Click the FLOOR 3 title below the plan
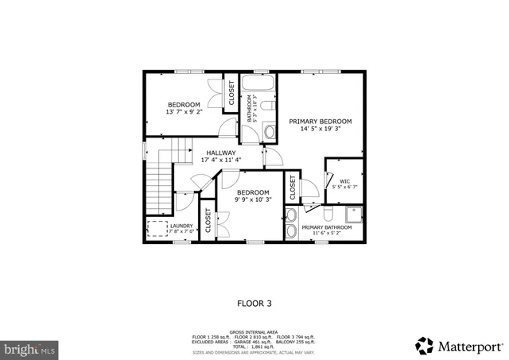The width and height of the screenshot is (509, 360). pyautogui.click(x=254, y=303)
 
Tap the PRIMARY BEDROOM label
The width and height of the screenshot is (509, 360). pyautogui.click(x=320, y=122)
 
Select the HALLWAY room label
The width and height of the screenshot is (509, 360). pyautogui.click(x=221, y=153)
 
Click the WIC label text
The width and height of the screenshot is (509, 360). pyautogui.click(x=344, y=181)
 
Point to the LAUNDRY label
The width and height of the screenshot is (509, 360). pyautogui.click(x=181, y=226)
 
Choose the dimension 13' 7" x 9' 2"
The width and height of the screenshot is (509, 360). pyautogui.click(x=184, y=112)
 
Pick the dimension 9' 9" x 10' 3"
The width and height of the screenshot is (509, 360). pyautogui.click(x=253, y=199)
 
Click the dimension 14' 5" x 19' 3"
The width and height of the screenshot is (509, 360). pyautogui.click(x=320, y=129)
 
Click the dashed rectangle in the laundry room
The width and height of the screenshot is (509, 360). pyautogui.click(x=157, y=229)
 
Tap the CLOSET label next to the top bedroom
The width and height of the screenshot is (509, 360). pyautogui.click(x=231, y=93)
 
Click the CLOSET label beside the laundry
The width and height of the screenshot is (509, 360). pyautogui.click(x=208, y=222)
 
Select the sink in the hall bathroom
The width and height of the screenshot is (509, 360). pyautogui.click(x=269, y=132)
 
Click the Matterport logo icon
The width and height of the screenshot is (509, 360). pyautogui.click(x=425, y=345)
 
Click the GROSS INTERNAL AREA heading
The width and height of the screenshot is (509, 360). pyautogui.click(x=254, y=332)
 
